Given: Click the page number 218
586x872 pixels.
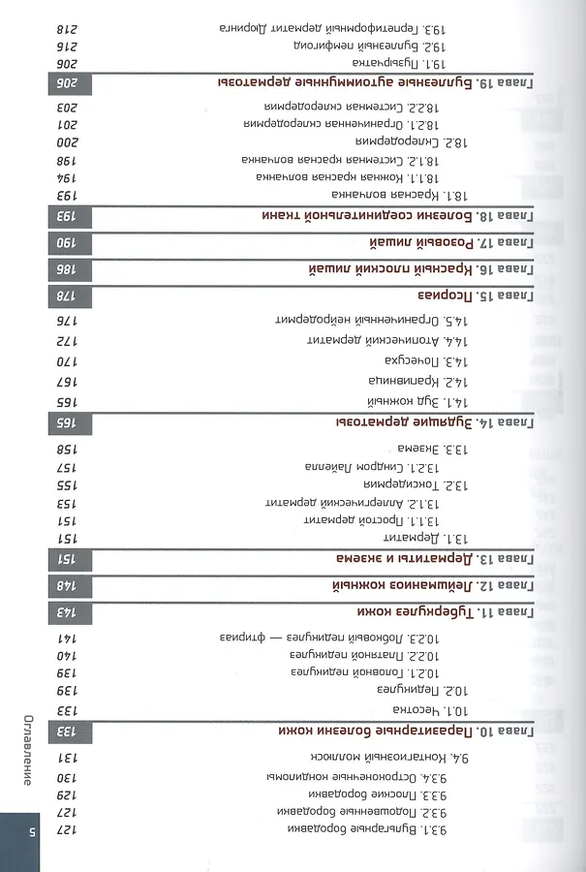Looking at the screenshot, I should (66, 28).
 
